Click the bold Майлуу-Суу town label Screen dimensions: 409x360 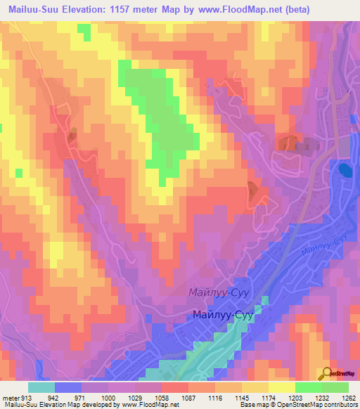(x=222, y=316)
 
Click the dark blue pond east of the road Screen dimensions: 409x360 (x=345, y=170)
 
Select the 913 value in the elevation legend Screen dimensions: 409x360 (x=26, y=397)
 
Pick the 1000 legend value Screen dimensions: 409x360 (x=108, y=397)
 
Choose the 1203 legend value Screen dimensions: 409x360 (x=295, y=397)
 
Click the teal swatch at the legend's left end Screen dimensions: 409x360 (x=41, y=387)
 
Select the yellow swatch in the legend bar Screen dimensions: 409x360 (x=281, y=387)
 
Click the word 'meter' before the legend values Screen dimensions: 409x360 (x=10, y=397)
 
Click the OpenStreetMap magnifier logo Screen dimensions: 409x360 (x=328, y=374)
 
